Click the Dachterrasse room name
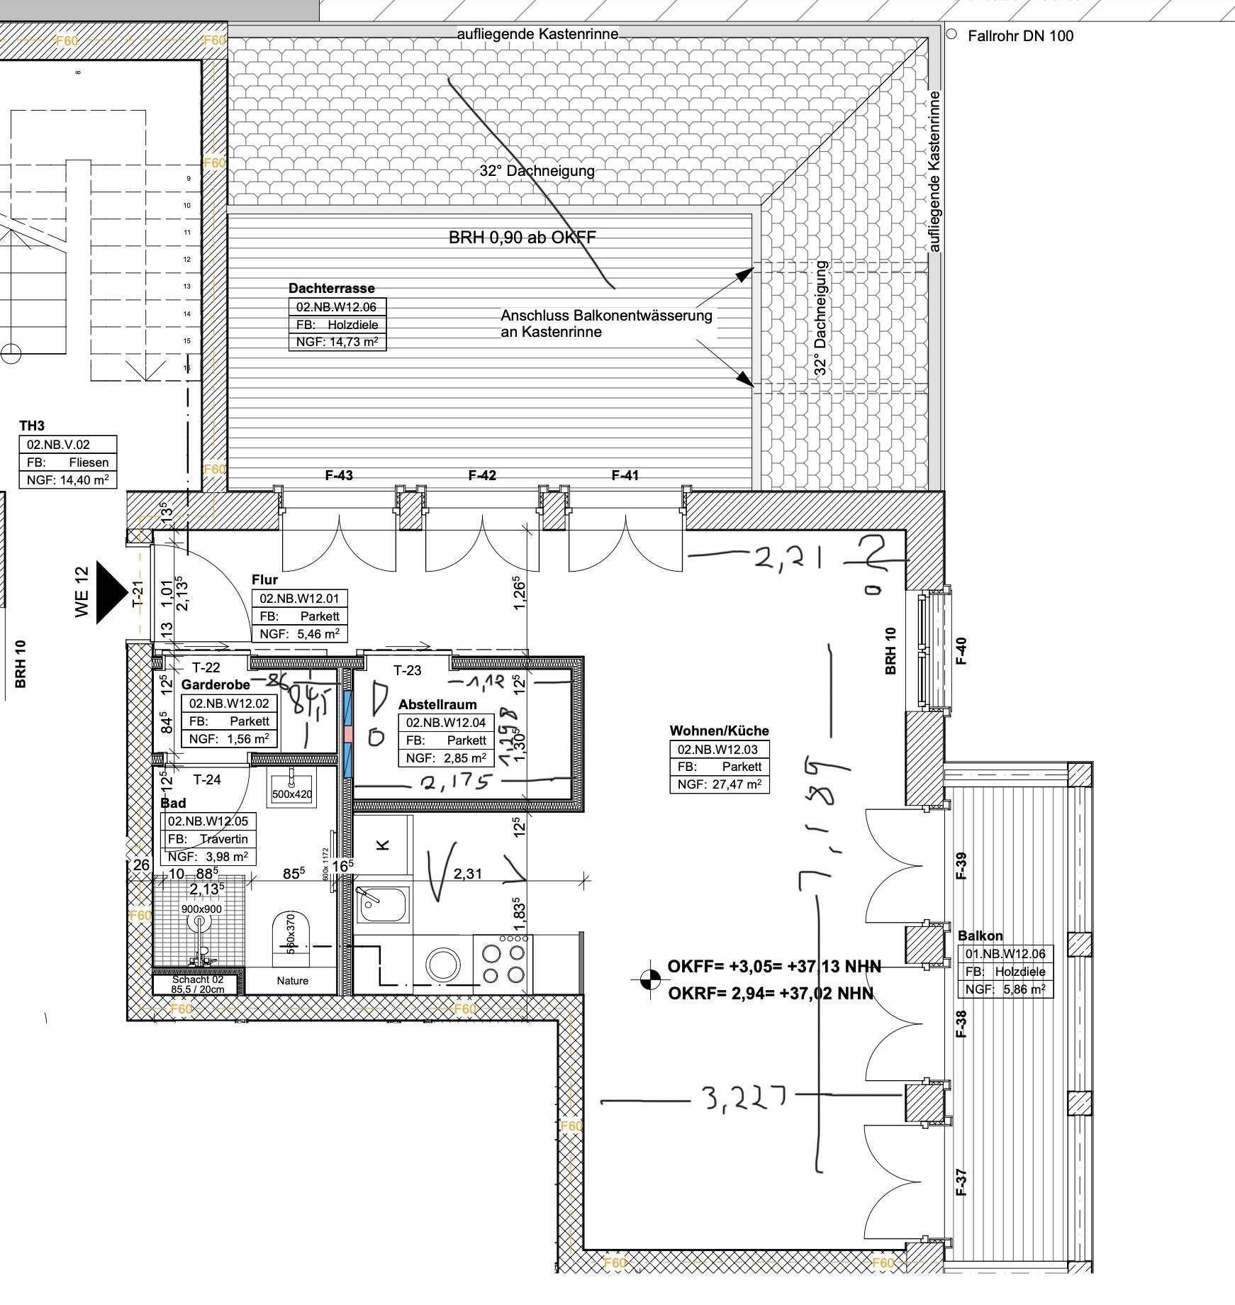point(331,288)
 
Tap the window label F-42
point(482,475)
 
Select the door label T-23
point(407,670)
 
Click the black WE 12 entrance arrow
point(109,593)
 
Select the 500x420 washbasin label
point(291,794)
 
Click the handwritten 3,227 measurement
point(744,1099)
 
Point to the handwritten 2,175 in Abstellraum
point(455,783)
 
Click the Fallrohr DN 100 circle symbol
point(951,34)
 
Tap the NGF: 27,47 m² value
point(719,784)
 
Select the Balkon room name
point(980,935)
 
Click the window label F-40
point(961,651)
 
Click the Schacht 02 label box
point(198,984)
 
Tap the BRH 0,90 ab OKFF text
point(522,238)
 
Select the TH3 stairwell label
point(31,426)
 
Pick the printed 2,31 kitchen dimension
point(468,874)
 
